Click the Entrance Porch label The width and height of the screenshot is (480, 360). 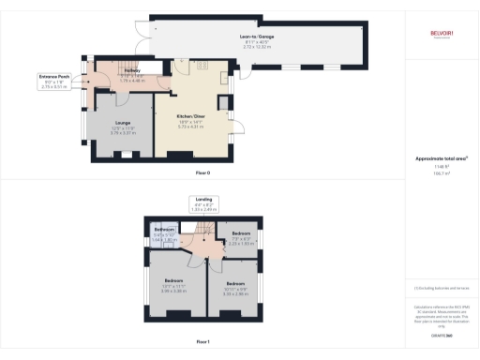coord(53,76)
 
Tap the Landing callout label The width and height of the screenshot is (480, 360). coord(203,199)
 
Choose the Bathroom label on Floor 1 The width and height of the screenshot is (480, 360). coord(164,230)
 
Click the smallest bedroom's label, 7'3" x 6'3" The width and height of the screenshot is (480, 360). coord(242,232)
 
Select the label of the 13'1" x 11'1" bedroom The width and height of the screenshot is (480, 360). coord(173,280)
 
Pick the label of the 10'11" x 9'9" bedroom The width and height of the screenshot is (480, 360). coord(234,282)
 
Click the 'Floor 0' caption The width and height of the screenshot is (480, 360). coord(202,174)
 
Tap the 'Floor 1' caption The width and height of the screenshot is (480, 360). coord(202,342)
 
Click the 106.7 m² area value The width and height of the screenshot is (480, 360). coord(441,173)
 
